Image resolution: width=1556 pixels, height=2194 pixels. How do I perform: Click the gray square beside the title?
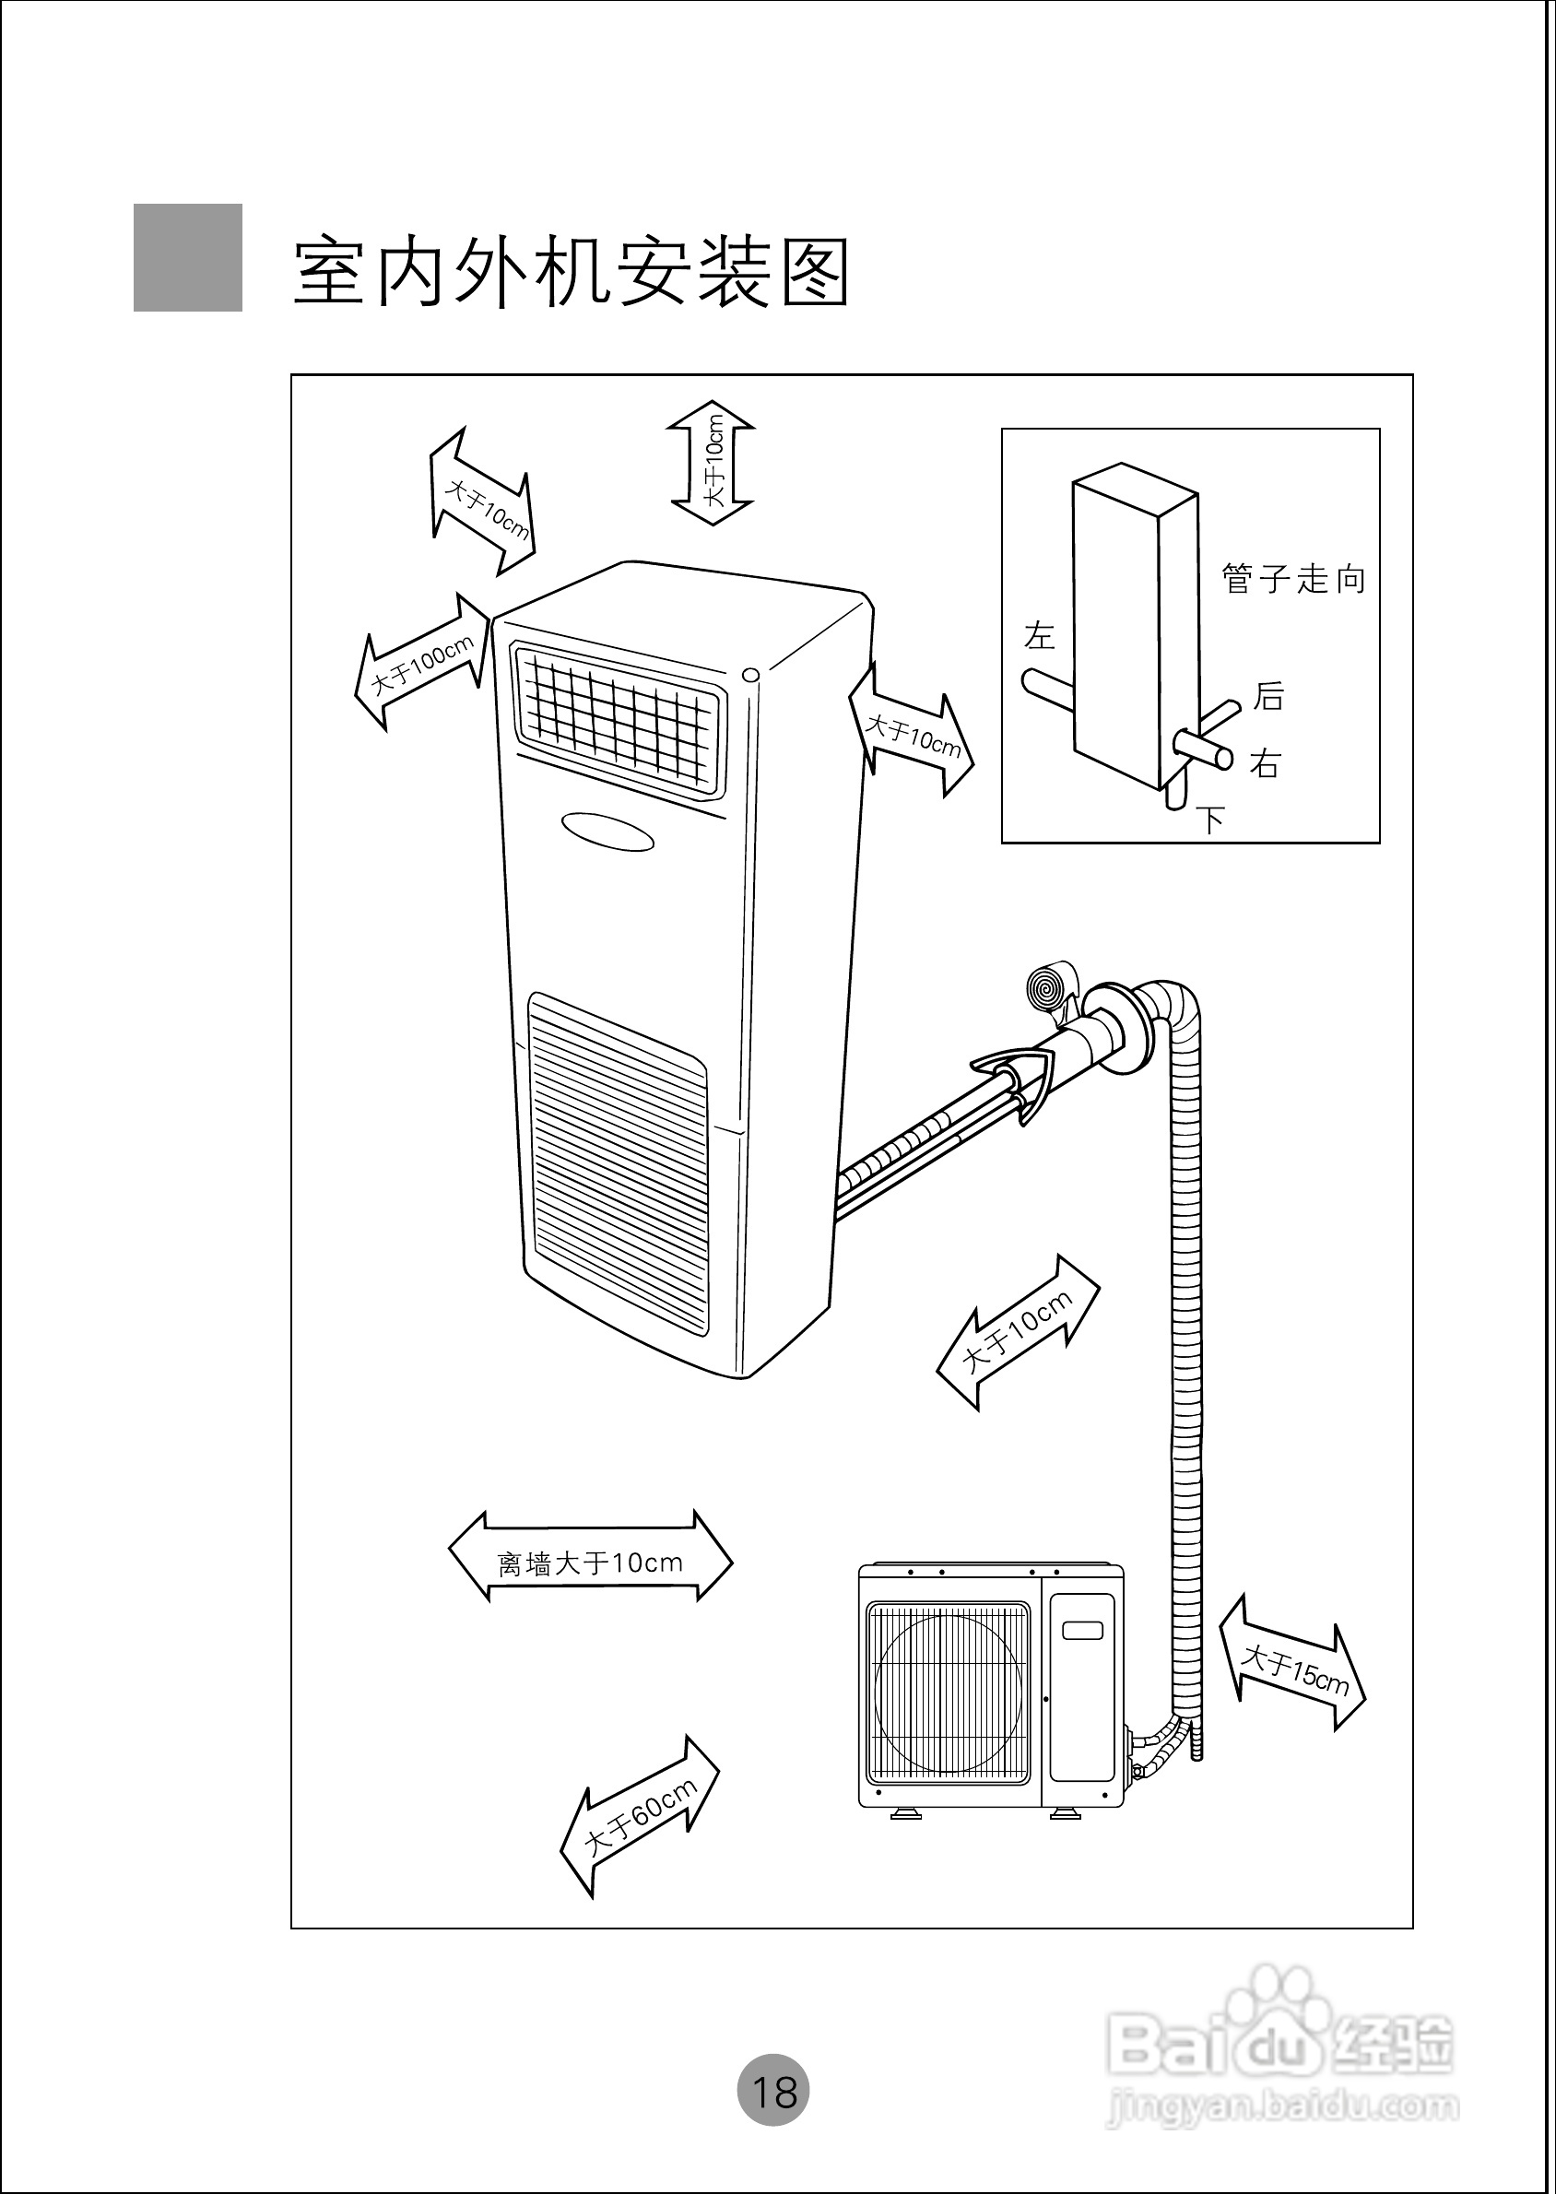click(188, 257)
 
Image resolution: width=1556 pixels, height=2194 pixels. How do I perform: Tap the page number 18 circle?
click(773, 2090)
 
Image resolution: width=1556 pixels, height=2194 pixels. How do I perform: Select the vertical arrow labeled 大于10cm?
click(713, 463)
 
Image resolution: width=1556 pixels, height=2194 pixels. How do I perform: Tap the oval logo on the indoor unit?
click(607, 831)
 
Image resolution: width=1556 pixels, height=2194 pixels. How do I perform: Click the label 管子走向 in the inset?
click(1293, 579)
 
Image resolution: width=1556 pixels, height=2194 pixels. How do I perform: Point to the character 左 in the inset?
click(1039, 635)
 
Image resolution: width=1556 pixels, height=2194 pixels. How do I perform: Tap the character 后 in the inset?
click(1268, 697)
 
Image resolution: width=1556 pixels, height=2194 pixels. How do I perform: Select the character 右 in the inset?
click(1265, 763)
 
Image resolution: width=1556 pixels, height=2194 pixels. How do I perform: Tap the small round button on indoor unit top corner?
click(751, 675)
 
